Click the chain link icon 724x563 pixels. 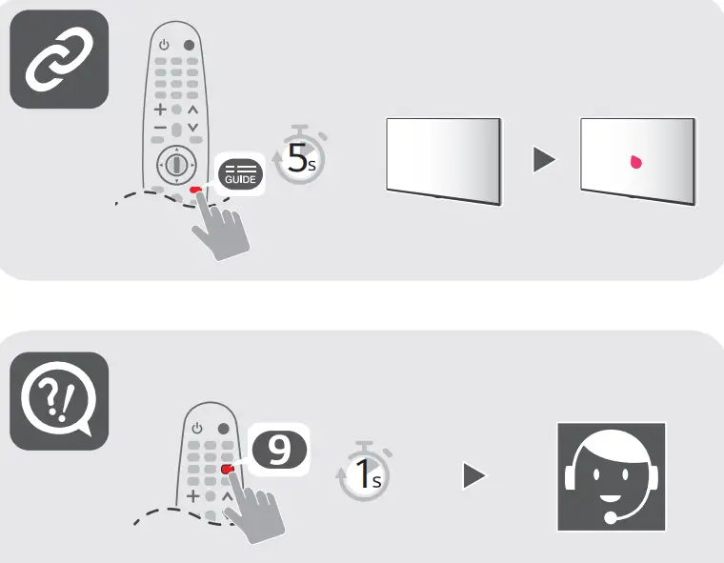(58, 59)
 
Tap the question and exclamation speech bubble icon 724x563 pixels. (58, 401)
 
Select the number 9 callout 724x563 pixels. (279, 448)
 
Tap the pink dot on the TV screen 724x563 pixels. (635, 162)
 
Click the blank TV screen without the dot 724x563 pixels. (443, 160)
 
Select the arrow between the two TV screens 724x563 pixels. (543, 160)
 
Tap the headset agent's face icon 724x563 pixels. (611, 475)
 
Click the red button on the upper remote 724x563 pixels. (194, 190)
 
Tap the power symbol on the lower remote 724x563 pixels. (197, 429)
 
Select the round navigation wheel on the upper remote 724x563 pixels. (175, 164)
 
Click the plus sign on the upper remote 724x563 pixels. (160, 110)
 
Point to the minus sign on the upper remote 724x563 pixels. (160, 128)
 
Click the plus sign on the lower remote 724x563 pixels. (193, 496)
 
